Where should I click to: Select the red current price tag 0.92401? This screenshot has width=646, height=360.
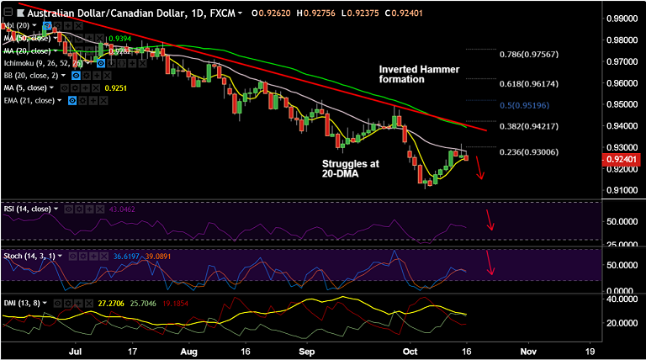pos(626,158)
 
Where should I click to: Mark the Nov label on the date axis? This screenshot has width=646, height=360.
pos(528,351)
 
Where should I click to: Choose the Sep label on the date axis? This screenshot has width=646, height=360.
pos(305,351)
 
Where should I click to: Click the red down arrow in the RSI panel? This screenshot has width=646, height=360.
pos(490,221)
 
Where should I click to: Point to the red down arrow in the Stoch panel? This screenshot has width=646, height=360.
pos(490,265)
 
